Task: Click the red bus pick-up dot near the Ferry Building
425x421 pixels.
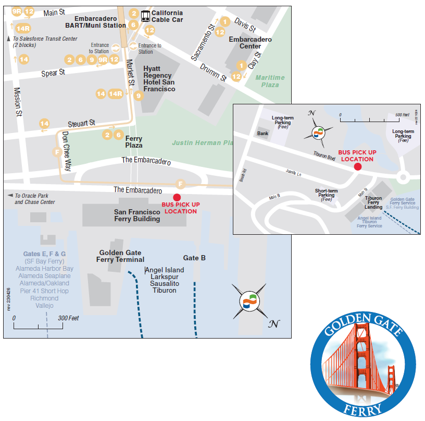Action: point(177,197)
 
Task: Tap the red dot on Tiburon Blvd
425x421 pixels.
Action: point(357,167)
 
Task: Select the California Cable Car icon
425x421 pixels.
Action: point(146,16)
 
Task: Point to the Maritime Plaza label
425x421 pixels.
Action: point(270,81)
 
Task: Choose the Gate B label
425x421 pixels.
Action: point(194,258)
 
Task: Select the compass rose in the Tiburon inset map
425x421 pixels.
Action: point(319,133)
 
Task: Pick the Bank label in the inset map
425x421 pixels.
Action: point(262,134)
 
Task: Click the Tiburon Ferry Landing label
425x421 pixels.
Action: point(373,202)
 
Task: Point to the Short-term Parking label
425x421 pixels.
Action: point(327,195)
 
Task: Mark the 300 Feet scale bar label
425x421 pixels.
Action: point(68,318)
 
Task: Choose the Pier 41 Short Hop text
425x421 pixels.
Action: point(44,291)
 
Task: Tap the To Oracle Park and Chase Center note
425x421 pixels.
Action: point(34,199)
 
